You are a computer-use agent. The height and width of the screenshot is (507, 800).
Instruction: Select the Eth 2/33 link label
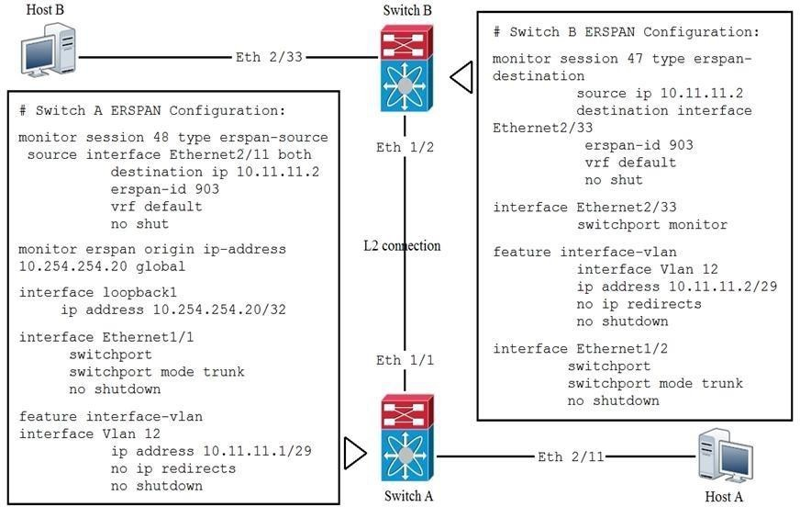(268, 57)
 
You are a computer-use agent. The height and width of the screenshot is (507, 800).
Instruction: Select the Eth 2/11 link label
(570, 456)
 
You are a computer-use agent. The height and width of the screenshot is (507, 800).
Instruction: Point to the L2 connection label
(402, 245)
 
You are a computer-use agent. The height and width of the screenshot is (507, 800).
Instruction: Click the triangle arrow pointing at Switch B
(461, 77)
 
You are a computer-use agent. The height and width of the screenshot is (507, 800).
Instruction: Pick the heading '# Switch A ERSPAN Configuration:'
(152, 110)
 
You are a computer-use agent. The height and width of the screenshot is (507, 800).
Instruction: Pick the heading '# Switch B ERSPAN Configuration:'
(627, 32)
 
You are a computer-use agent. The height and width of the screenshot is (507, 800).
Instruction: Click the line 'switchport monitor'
(651, 224)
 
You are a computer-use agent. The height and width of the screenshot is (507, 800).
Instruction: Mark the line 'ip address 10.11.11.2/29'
(677, 287)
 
